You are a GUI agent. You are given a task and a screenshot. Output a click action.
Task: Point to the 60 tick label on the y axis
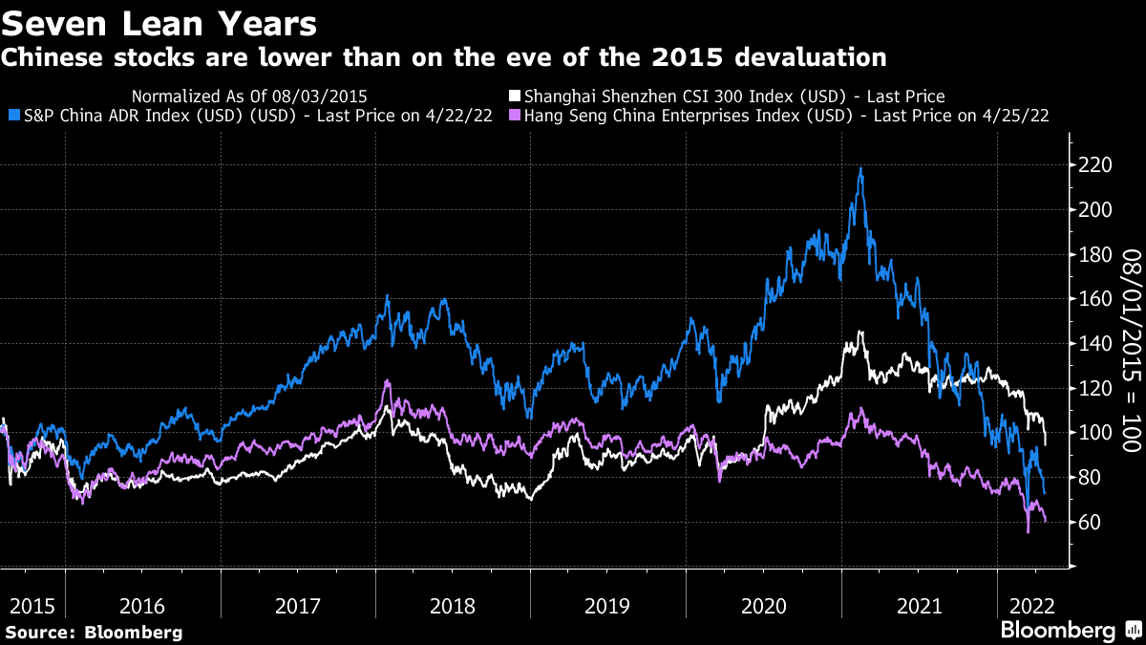pos(1089,522)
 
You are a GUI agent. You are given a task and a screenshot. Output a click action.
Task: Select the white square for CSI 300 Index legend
pos(516,97)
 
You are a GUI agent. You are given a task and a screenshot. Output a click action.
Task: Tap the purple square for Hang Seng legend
pos(516,116)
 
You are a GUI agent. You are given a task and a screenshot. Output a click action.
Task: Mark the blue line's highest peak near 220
pos(861,169)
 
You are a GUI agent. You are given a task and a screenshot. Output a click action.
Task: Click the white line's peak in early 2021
pos(860,333)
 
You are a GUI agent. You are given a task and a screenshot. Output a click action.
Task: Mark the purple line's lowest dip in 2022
pos(1029,531)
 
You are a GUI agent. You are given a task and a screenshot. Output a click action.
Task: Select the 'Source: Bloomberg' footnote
pos(94,632)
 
